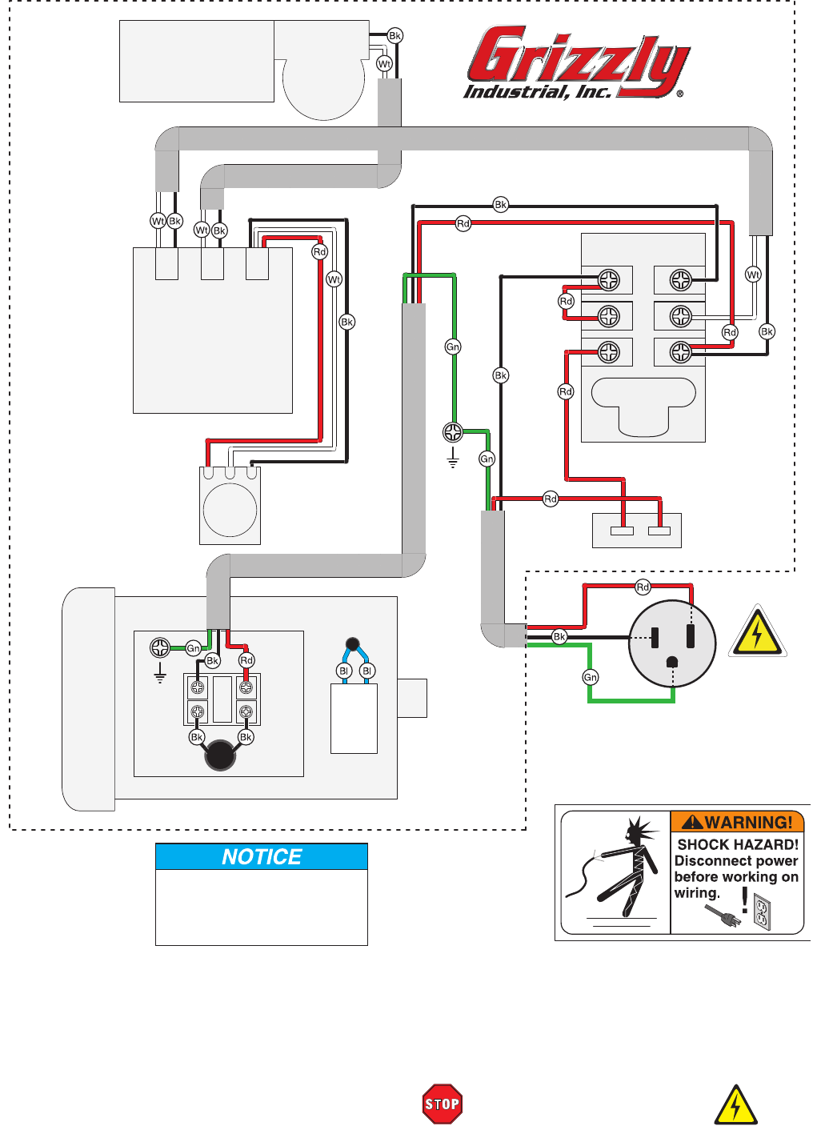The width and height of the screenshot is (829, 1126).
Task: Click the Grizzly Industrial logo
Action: (576, 62)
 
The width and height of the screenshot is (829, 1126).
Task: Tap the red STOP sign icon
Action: (442, 1104)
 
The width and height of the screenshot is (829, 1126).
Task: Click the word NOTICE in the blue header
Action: (262, 857)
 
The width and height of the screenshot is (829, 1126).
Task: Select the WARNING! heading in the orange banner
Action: (738, 822)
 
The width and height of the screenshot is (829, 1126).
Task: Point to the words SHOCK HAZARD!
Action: (738, 844)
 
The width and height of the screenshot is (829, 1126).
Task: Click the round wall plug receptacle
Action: (672, 643)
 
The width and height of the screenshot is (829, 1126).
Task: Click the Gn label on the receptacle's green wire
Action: (591, 677)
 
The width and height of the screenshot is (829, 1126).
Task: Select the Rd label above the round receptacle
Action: (643, 587)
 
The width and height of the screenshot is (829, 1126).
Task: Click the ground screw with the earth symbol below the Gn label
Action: (453, 433)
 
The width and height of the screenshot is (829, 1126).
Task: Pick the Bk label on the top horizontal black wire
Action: (501, 205)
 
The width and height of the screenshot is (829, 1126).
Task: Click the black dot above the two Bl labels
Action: (352, 643)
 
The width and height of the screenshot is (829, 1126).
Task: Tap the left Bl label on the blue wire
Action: (344, 671)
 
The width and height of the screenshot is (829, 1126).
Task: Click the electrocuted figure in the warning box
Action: (616, 868)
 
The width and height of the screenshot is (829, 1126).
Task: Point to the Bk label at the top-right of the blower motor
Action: (394, 36)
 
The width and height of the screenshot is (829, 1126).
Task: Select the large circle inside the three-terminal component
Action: (230, 510)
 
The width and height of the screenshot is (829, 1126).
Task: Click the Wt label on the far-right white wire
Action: (753, 274)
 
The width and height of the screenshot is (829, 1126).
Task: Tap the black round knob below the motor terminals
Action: (220, 755)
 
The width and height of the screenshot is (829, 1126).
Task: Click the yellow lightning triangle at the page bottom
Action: (735, 1106)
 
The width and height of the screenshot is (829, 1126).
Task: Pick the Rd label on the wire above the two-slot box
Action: (551, 499)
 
